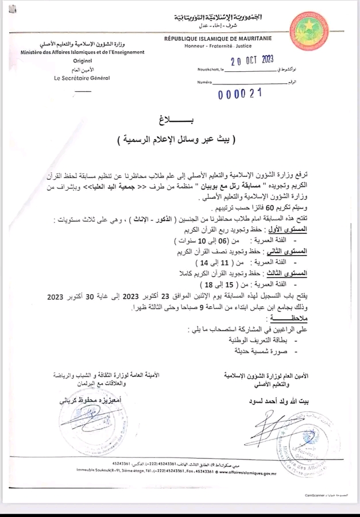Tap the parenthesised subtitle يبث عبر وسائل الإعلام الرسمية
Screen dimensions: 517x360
pos(179,140)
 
